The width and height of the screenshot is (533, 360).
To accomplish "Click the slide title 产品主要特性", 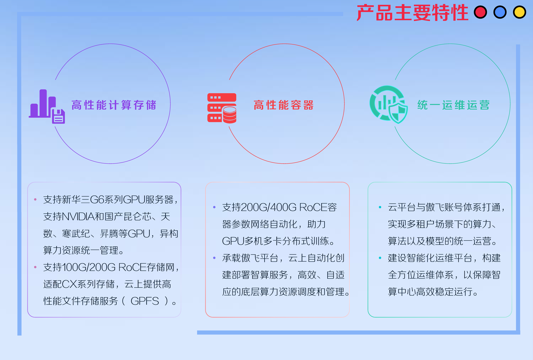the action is tap(413, 13).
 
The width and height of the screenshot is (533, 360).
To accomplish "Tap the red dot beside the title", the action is tap(481, 12).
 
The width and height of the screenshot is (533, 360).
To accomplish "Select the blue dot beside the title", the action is tap(500, 12).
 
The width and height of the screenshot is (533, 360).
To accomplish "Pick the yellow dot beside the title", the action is tap(519, 12).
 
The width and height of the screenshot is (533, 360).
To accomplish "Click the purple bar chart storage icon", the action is tap(47, 106).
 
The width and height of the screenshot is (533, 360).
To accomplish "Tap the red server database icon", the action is tap(222, 108).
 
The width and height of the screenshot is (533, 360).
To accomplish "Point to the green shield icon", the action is tap(389, 105).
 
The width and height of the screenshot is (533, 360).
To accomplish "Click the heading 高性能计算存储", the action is tap(114, 105).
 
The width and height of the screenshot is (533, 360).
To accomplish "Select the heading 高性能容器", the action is tap(283, 105).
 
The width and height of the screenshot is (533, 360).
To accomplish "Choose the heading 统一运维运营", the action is tap(453, 105).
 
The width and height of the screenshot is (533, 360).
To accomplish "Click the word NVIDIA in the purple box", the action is tap(78, 217).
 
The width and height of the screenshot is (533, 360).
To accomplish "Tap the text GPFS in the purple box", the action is tap(145, 301).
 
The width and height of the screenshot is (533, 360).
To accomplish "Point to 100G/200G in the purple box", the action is tap(89, 267).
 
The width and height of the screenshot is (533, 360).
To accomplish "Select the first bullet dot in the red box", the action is tap(214, 207).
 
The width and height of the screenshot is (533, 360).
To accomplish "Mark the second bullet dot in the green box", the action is tap(380, 258).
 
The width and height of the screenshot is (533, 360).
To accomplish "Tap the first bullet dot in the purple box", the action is tap(35, 199).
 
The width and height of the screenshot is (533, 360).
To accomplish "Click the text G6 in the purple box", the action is tap(97, 199).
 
